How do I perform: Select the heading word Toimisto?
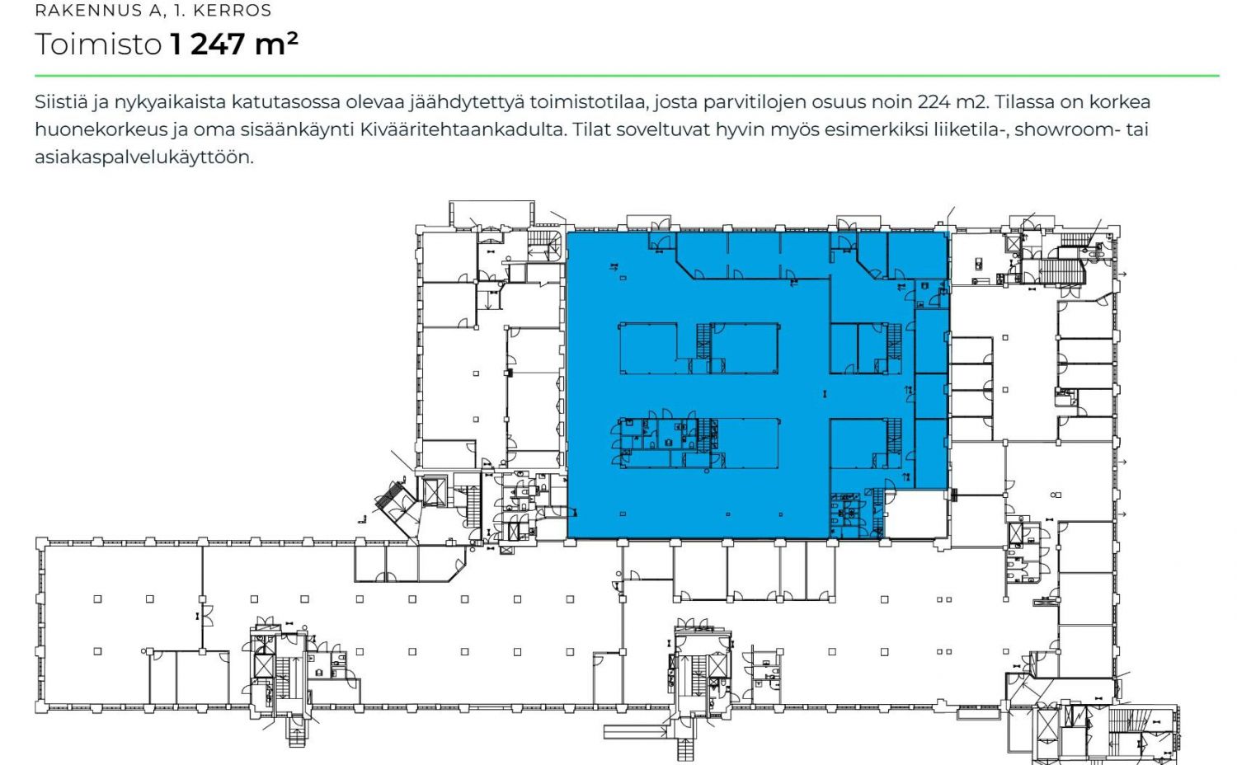[x=98, y=44]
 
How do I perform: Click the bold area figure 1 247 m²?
[x=234, y=43]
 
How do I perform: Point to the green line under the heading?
[x=627, y=76]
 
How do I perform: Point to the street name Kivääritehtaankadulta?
[x=463, y=129]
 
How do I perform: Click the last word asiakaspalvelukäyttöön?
[x=144, y=157]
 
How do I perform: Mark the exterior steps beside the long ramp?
[x=684, y=750]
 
